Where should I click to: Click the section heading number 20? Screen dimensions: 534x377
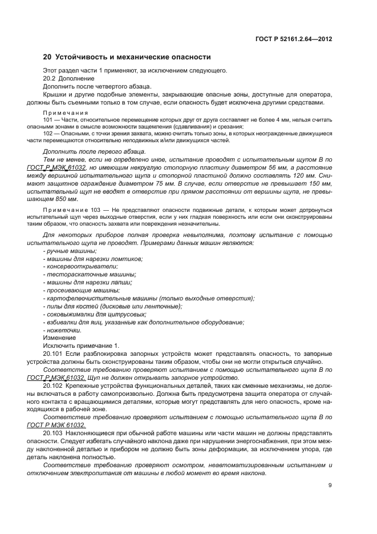(47, 57)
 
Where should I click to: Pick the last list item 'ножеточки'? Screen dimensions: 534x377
(62, 331)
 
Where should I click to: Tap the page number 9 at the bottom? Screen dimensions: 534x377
(330, 486)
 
